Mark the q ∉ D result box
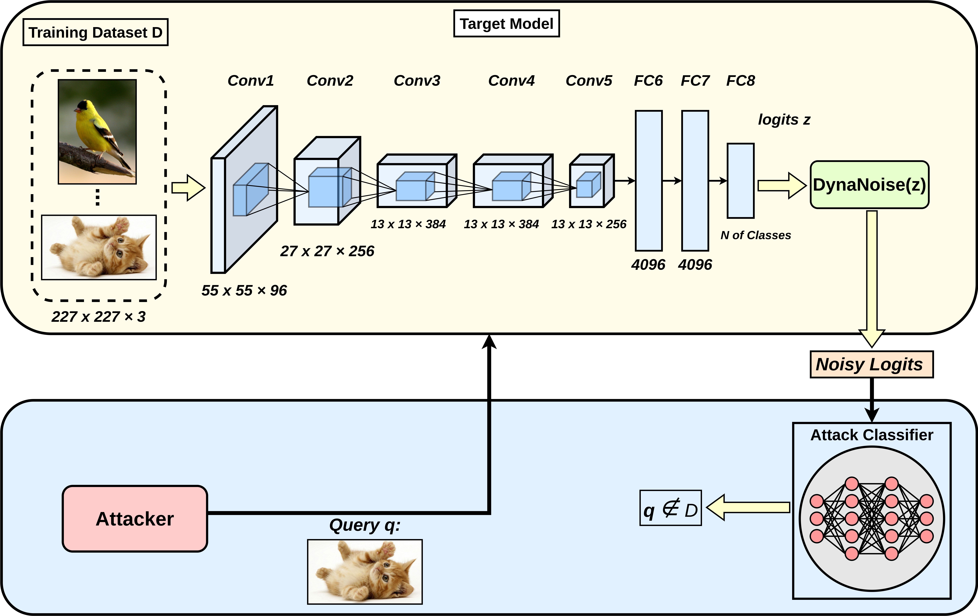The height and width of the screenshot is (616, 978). [671, 508]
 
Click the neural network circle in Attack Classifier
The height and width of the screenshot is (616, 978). [872, 519]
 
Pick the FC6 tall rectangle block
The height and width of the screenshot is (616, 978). [649, 181]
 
